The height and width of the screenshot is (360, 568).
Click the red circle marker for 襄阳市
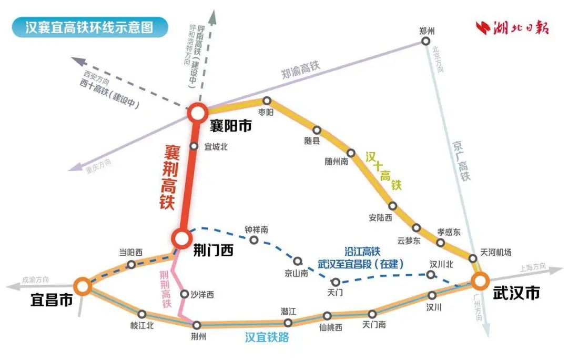tap(198, 112)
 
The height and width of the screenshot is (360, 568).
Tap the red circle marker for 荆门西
tap(182, 238)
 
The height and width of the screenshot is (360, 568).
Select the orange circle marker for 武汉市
tap(480, 281)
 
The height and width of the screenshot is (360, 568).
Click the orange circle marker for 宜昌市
tap(82, 286)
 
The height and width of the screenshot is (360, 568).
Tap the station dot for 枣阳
tap(267, 101)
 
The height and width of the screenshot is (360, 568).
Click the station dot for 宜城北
tap(193, 147)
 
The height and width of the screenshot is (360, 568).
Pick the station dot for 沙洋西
tap(184, 294)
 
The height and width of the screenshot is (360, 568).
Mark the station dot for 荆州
tap(197, 325)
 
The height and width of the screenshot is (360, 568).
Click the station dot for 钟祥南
tap(254, 240)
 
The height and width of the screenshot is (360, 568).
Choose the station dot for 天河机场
tap(473, 258)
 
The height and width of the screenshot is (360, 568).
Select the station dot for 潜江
tap(288, 323)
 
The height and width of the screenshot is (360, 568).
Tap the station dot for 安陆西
tap(392, 206)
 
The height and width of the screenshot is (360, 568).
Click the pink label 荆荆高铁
tap(166, 289)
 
